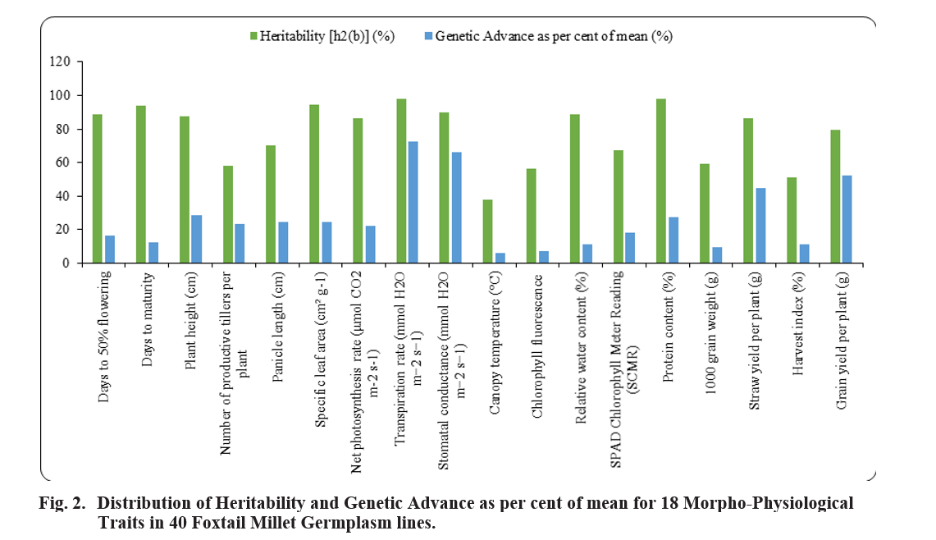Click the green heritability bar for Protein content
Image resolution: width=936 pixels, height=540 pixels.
[661, 181]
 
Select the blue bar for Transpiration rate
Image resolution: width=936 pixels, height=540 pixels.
[413, 202]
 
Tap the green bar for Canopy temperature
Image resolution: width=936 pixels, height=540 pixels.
[487, 231]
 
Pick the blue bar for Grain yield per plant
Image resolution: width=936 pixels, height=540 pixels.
[847, 219]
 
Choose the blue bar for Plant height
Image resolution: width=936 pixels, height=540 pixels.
[196, 239]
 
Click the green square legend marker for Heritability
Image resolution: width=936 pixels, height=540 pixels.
[254, 36]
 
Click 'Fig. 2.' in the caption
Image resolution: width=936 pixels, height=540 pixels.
[62, 503]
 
